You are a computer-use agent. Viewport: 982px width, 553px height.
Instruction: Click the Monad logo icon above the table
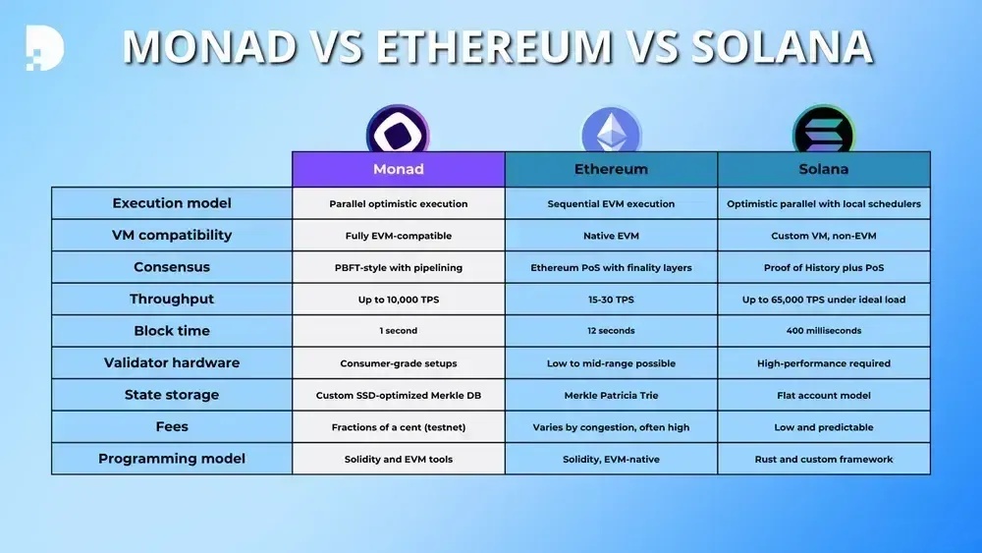398,129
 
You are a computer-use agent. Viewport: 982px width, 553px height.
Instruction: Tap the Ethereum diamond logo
611,131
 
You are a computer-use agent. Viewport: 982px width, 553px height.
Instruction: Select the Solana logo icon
824,130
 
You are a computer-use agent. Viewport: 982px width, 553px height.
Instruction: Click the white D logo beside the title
44,47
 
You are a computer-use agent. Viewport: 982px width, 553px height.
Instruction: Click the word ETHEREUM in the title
494,47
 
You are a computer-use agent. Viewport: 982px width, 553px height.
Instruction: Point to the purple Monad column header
399,169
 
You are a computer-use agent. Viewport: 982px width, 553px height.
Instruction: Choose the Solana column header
824,169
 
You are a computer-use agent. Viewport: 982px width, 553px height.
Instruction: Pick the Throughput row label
172,299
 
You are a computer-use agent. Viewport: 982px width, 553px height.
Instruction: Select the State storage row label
172,395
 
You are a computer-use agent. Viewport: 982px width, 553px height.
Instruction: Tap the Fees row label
172,426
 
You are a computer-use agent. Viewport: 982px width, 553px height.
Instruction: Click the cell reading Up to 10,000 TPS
399,299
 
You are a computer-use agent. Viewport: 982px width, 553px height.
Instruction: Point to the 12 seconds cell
611,331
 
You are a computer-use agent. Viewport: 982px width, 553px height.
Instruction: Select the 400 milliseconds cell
824,331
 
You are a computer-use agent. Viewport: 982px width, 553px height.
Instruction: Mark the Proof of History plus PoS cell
824,267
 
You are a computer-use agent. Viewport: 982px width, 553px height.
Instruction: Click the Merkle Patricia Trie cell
611,395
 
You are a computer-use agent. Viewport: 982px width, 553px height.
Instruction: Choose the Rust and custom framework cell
824,459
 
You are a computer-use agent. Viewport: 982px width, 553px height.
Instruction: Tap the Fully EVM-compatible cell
399,235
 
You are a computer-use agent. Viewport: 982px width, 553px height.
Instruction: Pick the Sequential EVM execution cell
611,203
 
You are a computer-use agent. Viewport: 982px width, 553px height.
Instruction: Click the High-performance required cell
824,362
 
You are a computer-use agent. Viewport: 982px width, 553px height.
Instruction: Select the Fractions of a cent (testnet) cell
399,426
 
